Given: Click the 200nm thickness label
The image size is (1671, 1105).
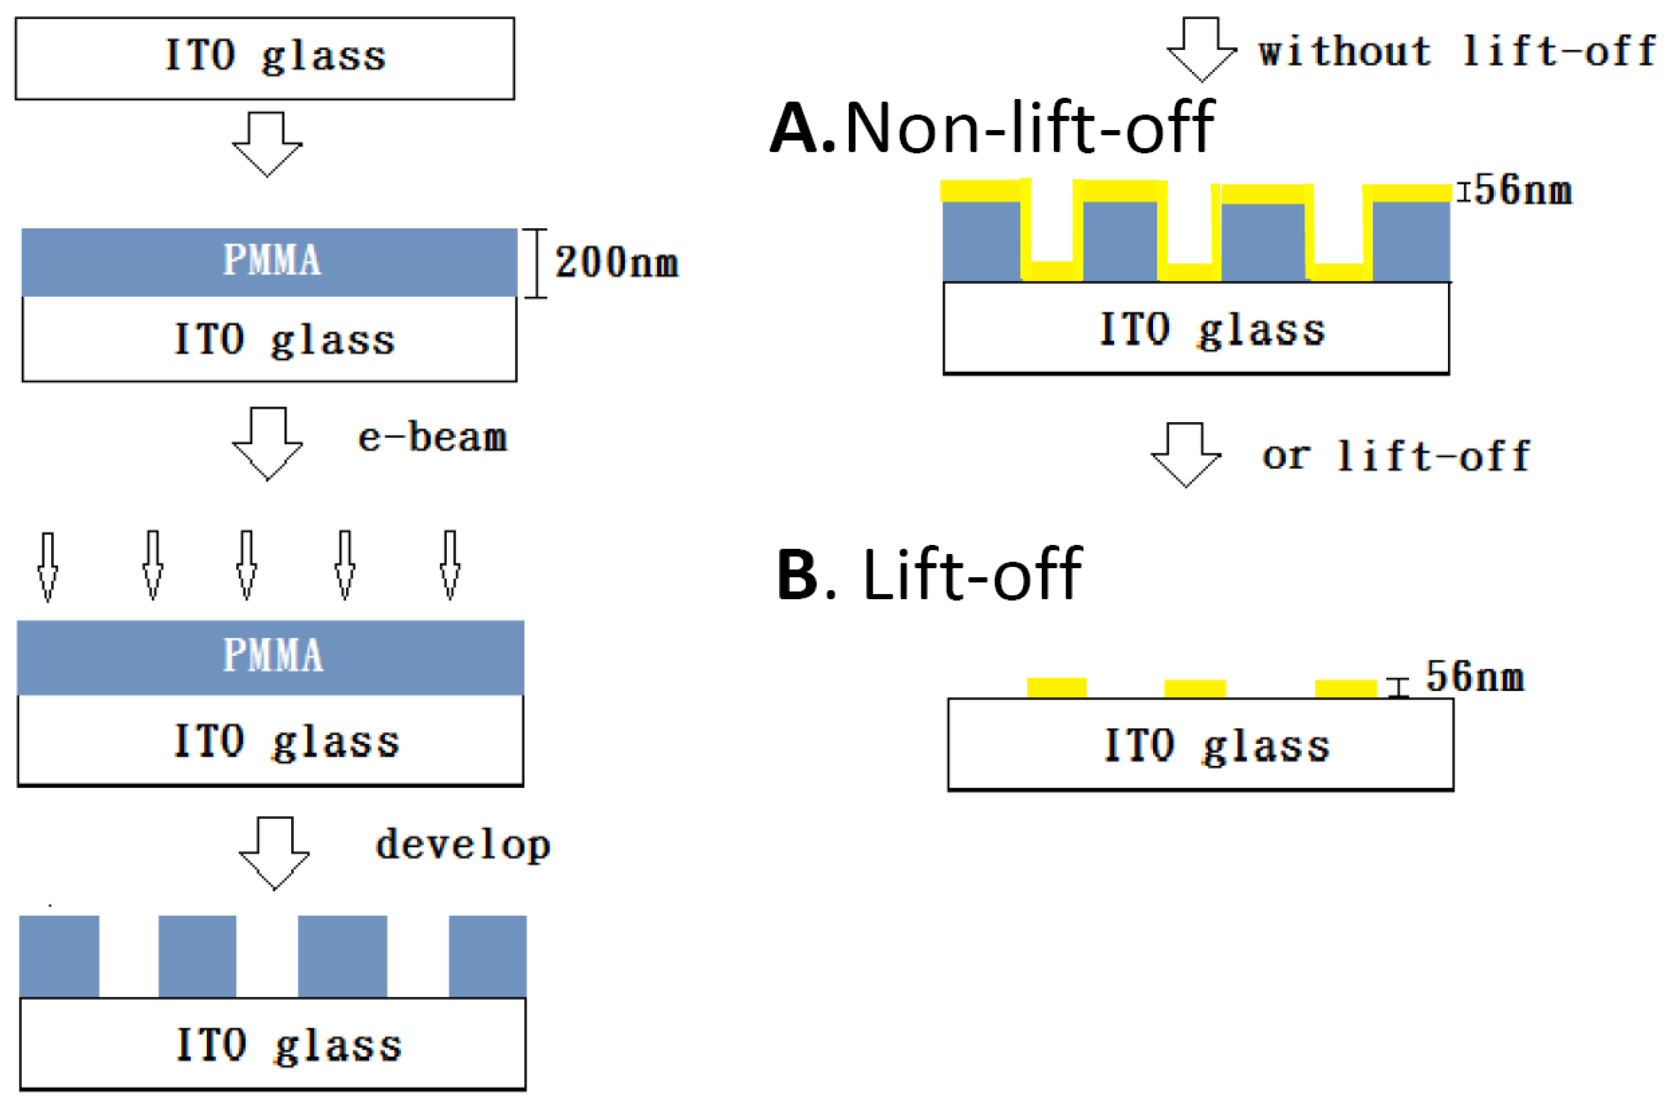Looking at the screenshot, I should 616,262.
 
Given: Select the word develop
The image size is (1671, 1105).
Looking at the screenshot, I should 462,846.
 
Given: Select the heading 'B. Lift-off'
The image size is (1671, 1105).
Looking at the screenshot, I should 930,574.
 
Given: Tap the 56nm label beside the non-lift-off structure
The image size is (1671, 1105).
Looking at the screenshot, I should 1523,190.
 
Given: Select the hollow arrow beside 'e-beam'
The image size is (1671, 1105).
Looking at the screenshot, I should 268,443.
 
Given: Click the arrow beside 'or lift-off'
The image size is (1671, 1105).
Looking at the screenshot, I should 1186,454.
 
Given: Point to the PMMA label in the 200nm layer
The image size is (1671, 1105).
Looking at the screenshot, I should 272,259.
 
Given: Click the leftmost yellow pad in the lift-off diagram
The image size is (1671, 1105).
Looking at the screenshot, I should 1056,688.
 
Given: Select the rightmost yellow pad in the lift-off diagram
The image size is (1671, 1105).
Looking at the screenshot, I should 1345,689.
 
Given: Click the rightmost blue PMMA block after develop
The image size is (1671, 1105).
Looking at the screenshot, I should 487,956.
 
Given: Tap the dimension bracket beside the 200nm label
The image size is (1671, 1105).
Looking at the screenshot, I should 536,263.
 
